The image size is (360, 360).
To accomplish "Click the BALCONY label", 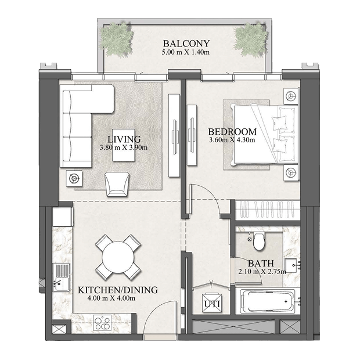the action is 186,44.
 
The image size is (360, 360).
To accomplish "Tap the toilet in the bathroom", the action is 259,241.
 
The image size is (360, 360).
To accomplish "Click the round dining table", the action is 118,257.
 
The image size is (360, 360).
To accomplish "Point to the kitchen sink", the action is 62,278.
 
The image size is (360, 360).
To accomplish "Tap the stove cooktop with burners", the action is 102,323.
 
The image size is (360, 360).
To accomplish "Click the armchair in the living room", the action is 117,185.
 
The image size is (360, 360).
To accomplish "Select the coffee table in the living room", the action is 124,145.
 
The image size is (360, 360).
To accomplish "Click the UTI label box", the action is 212,303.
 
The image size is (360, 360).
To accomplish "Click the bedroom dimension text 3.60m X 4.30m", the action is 232,139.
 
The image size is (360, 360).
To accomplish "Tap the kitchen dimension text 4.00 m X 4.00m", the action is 111,298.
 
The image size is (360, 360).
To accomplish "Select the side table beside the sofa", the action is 74,178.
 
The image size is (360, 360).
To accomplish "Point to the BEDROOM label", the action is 232,132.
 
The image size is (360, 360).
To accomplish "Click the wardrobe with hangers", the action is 268,210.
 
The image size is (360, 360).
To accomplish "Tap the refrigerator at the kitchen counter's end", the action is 63,217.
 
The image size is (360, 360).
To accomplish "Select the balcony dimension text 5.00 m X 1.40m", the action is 186,52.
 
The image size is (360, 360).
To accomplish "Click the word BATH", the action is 261,263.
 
